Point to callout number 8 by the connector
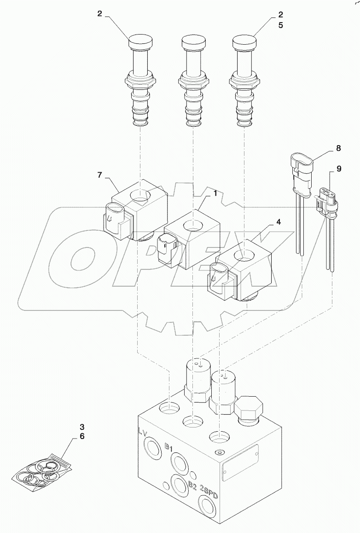(338, 148)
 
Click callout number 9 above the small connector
(338, 169)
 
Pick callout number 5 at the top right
(280, 25)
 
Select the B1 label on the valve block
(168, 446)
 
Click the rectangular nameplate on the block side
(240, 463)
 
